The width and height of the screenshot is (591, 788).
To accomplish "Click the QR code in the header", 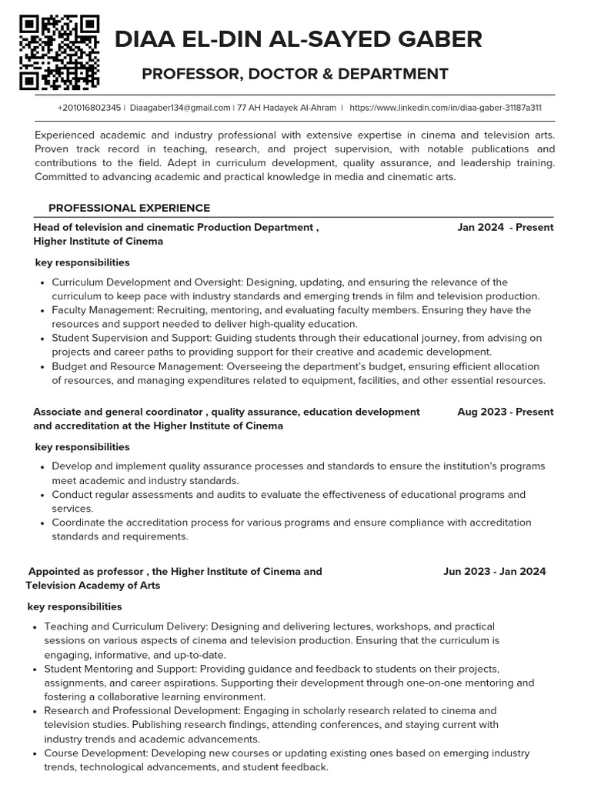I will tap(59, 52).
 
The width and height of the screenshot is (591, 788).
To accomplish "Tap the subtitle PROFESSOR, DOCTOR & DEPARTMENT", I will tap(295, 74).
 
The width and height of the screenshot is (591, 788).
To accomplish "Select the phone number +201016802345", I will tap(88, 109).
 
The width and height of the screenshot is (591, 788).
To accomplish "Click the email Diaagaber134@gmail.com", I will tap(180, 109).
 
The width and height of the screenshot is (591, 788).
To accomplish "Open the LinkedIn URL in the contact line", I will tap(446, 109).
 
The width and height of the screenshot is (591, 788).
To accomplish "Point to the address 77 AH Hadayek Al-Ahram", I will tap(286, 109).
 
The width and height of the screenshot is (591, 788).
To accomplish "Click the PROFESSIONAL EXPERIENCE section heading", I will tap(129, 208).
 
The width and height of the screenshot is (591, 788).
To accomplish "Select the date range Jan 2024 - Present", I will tap(505, 227).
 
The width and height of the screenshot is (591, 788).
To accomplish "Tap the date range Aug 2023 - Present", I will tap(505, 412).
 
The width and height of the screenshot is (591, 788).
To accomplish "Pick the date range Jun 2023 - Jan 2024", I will tap(494, 571).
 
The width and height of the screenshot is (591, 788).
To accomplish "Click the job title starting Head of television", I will tap(175, 227).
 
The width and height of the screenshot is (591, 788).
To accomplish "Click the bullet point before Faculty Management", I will tap(41, 310).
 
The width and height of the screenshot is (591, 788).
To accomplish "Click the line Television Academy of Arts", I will tap(93, 586).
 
